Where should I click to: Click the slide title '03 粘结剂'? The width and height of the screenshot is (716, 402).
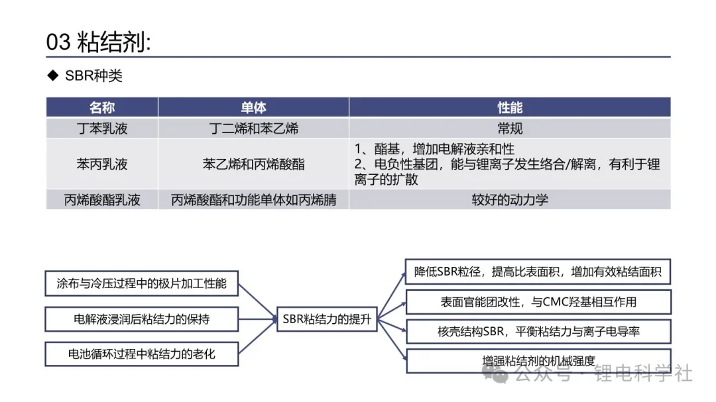(x=98, y=42)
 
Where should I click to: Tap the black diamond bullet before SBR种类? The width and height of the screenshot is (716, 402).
(x=53, y=75)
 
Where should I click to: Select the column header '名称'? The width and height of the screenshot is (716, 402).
(x=102, y=108)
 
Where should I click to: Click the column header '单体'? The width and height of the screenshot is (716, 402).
(x=253, y=108)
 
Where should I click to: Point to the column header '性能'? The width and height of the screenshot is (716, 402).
(x=510, y=108)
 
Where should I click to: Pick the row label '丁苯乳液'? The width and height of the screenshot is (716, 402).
(x=102, y=128)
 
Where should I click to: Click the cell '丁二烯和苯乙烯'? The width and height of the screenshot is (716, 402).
(x=253, y=128)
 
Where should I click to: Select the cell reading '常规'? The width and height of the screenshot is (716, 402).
(x=510, y=128)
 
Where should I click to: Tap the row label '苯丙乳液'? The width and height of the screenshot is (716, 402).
(x=102, y=164)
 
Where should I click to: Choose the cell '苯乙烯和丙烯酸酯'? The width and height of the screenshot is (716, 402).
(x=253, y=164)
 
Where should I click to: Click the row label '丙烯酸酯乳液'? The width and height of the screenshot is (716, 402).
(x=102, y=200)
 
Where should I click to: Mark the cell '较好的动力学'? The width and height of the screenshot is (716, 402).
(x=510, y=200)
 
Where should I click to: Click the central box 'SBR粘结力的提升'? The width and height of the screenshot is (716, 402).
(x=327, y=319)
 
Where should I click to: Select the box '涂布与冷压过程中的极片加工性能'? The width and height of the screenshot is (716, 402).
(x=142, y=283)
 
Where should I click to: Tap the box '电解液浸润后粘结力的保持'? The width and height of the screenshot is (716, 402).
(x=142, y=319)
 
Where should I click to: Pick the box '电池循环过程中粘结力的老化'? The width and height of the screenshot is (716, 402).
(x=142, y=354)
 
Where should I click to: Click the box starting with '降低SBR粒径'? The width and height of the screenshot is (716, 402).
(x=538, y=272)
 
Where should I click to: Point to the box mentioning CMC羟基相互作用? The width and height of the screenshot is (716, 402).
(x=538, y=301)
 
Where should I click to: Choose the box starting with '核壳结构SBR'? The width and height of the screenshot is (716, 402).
(x=538, y=331)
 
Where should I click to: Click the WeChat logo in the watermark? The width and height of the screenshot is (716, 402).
(x=495, y=374)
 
